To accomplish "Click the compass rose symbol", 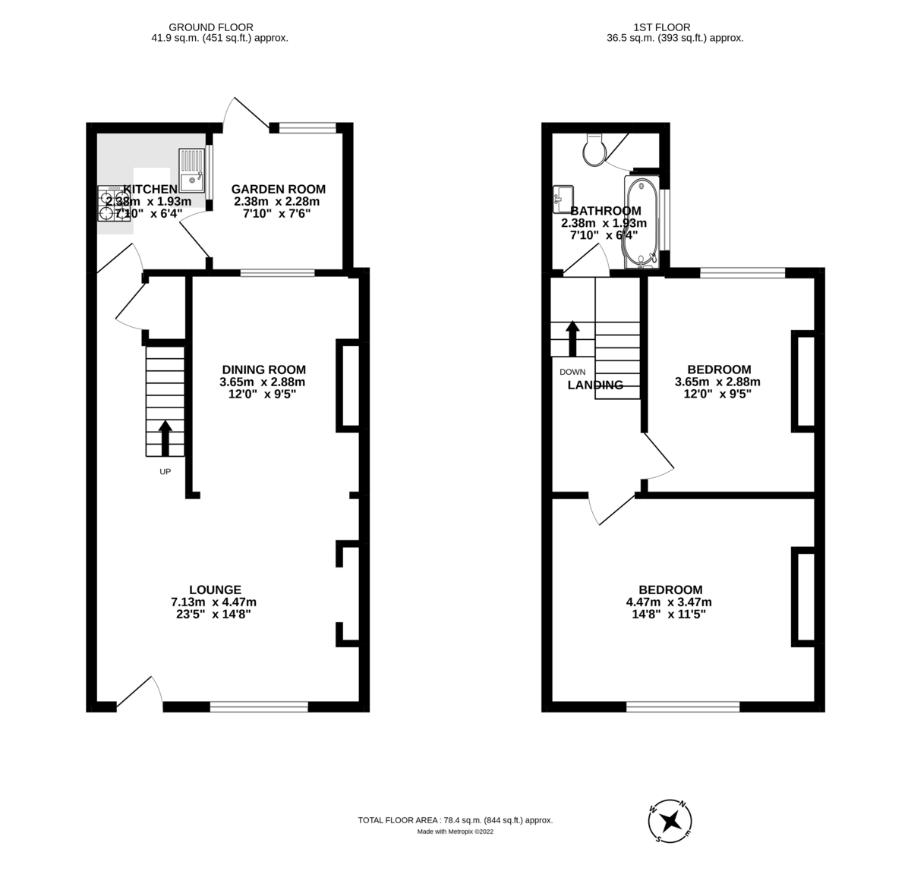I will (x=670, y=821).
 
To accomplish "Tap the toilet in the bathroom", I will (x=593, y=149).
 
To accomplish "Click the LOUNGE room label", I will (x=216, y=590).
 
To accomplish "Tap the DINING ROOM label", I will (x=263, y=369).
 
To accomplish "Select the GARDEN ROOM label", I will (x=279, y=189).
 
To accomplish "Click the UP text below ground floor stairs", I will (x=165, y=472).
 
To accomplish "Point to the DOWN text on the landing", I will (x=572, y=372).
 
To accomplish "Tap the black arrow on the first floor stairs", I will (x=572, y=338).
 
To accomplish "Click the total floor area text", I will (x=455, y=820).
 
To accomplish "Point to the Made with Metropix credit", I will (x=455, y=832).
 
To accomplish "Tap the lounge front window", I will (x=259, y=706).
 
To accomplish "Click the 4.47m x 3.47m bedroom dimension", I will (x=669, y=602).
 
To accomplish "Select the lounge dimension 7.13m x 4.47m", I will (x=219, y=602).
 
